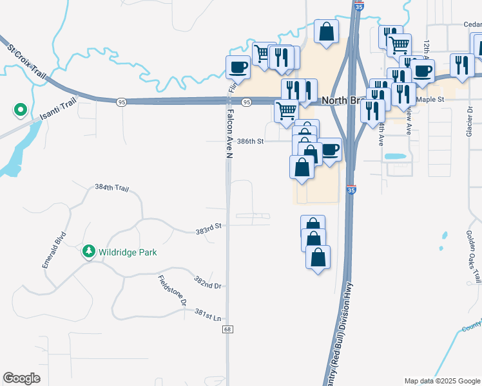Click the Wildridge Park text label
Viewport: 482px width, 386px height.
pyautogui.click(x=128, y=252)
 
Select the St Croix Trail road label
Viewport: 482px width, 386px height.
pyautogui.click(x=28, y=62)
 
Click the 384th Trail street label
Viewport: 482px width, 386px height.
pyautogui.click(x=112, y=188)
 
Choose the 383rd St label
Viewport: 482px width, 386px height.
pyautogui.click(x=208, y=226)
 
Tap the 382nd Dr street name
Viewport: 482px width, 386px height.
pyautogui.click(x=207, y=283)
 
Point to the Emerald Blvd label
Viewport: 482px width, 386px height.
pyautogui.click(x=55, y=250)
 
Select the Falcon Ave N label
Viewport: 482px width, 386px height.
pyautogui.click(x=228, y=133)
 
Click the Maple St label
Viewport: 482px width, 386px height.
pyautogui.click(x=431, y=100)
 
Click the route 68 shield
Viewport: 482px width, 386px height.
pyautogui.click(x=227, y=329)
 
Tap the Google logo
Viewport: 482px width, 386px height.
pyautogui.click(x=22, y=378)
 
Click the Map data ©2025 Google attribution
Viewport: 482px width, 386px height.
pyautogui.click(x=441, y=381)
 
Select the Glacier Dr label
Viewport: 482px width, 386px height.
pyautogui.click(x=470, y=120)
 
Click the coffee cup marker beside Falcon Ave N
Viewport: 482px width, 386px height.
pyautogui.click(x=238, y=66)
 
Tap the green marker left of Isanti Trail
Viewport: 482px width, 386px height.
pyautogui.click(x=20, y=111)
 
